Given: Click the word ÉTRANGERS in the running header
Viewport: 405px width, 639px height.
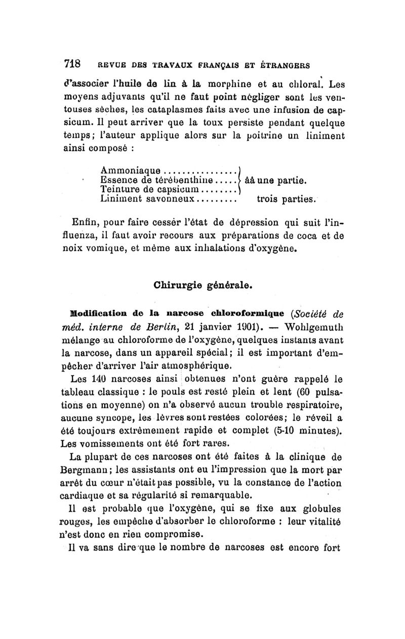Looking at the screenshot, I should click(x=285, y=65).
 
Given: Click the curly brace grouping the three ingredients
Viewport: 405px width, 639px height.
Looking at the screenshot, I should click(x=239, y=180).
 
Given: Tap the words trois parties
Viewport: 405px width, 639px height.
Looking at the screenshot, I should click(x=283, y=199).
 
